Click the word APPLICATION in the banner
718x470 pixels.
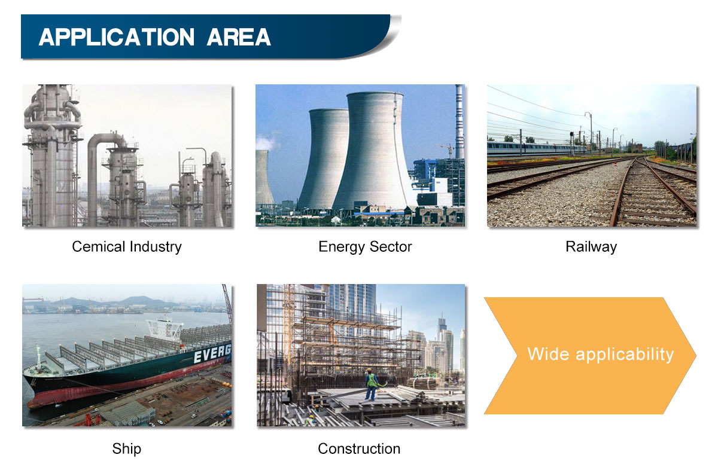point(117,37)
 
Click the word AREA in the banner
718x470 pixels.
point(239,37)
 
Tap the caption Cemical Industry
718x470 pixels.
point(127,247)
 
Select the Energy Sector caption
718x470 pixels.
point(365,248)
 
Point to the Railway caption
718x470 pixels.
point(591,248)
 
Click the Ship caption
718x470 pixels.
point(127,449)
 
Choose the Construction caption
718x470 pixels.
point(359,449)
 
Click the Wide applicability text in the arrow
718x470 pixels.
point(600,355)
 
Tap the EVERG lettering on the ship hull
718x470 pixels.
point(212,353)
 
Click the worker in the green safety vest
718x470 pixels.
point(372,384)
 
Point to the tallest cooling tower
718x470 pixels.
point(375,151)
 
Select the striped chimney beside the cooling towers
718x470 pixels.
point(460,122)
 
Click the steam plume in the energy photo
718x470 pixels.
point(266,143)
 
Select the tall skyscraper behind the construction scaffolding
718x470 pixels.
point(352,307)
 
